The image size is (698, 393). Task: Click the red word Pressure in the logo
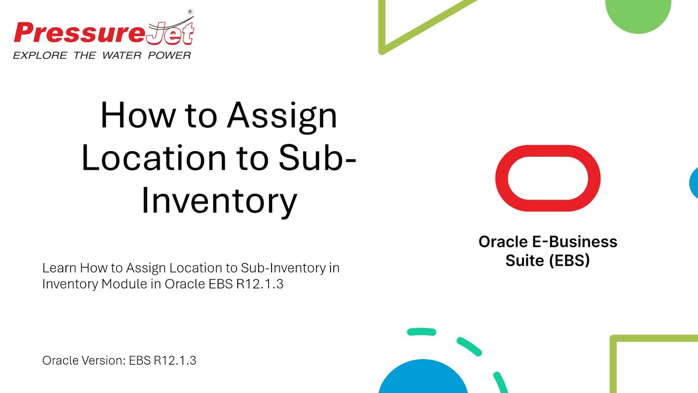pyautogui.click(x=80, y=33)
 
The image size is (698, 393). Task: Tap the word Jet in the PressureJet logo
pyautogui.click(x=170, y=33)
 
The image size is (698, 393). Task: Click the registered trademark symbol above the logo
pyautogui.click(x=190, y=11)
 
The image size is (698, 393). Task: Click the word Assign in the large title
pyautogui.click(x=282, y=117)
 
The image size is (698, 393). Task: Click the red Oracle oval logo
pyautogui.click(x=547, y=178)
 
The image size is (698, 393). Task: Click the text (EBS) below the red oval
pyautogui.click(x=570, y=260)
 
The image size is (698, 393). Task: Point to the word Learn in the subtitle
pyautogui.click(x=59, y=268)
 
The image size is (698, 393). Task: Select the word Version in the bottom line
pyautogui.click(x=99, y=360)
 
